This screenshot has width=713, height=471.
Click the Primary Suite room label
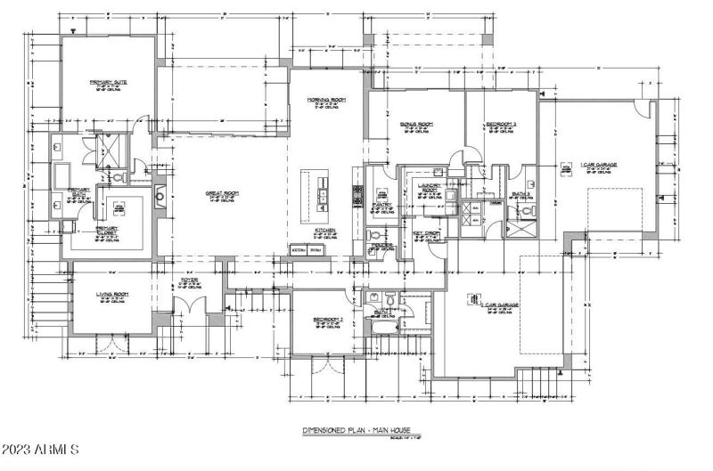click(x=108, y=83)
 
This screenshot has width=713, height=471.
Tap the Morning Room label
click(x=326, y=100)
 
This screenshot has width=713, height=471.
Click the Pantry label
click(x=382, y=206)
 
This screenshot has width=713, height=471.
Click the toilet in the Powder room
click(x=373, y=236)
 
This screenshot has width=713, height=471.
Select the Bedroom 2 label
click(x=329, y=319)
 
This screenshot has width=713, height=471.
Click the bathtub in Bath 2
click(x=383, y=327)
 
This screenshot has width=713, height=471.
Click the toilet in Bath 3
click(x=527, y=211)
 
